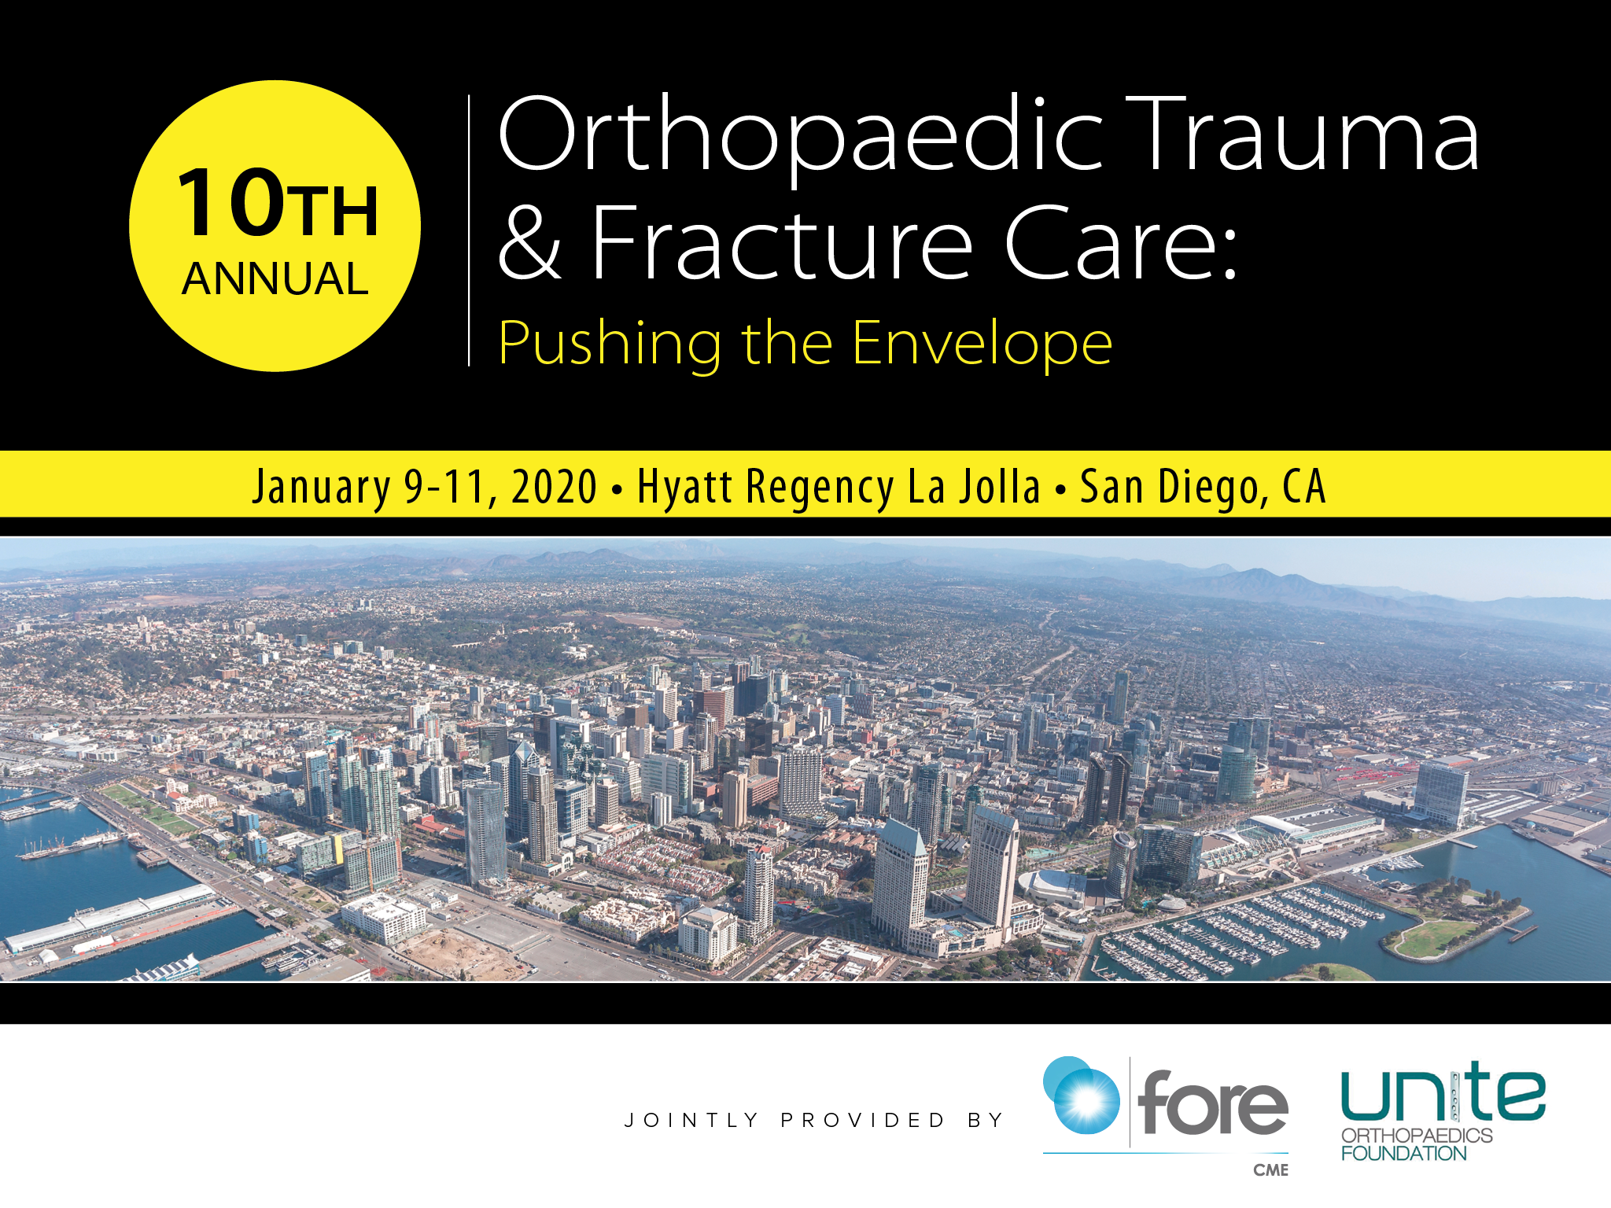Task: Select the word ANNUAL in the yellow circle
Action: tap(275, 278)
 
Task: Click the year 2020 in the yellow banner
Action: tap(555, 486)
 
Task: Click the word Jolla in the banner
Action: tap(1000, 486)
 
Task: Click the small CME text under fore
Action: tap(1271, 1170)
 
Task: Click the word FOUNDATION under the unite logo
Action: tap(1404, 1154)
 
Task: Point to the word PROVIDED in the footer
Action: tap(863, 1120)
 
